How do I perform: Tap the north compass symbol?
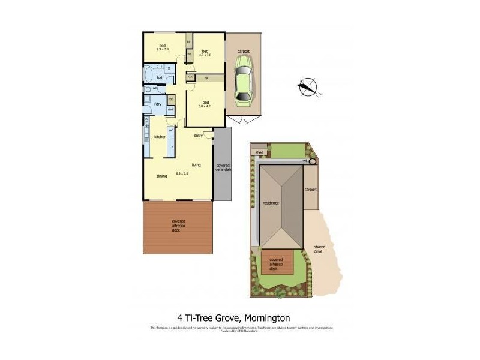(x=307, y=87)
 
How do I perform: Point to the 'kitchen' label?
(x=160, y=137)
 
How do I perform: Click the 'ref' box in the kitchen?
(x=170, y=130)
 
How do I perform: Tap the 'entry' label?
(x=198, y=135)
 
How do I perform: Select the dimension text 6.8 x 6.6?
(x=182, y=173)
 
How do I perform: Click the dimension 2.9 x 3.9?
(x=162, y=49)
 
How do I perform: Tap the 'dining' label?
(x=161, y=176)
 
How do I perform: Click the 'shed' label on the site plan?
(x=259, y=153)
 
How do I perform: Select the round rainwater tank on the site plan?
(x=313, y=161)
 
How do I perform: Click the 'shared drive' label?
(x=319, y=248)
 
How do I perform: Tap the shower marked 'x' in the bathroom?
(x=169, y=68)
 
